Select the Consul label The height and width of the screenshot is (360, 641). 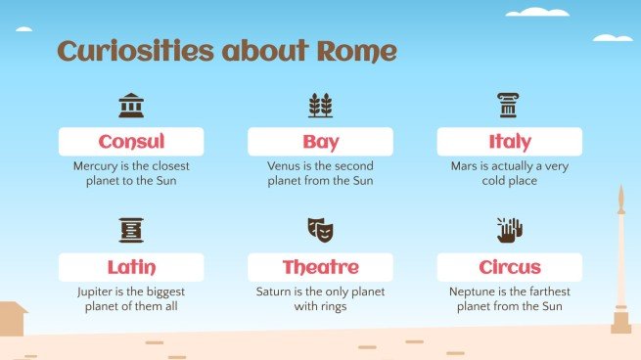click(131, 142)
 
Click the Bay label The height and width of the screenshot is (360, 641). click(320, 142)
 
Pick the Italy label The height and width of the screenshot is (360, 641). click(509, 142)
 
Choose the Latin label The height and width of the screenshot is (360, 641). click(131, 267)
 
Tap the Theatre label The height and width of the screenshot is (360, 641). click(320, 267)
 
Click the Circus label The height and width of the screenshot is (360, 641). click(509, 267)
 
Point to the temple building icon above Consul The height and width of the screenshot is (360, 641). click(131, 105)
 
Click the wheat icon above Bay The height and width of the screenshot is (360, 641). click(320, 105)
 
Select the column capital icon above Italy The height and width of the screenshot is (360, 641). click(509, 105)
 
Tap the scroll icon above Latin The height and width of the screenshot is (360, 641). click(131, 230)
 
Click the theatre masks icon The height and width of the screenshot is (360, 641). click(320, 230)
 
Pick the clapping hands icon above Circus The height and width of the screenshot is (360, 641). click(509, 230)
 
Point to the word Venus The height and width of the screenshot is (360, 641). click(284, 166)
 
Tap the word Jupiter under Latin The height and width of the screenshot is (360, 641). click(97, 292)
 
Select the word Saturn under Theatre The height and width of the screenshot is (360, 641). click(276, 292)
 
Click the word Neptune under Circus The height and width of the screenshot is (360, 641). click(472, 292)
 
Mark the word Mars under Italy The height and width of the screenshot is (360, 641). click(465, 166)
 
